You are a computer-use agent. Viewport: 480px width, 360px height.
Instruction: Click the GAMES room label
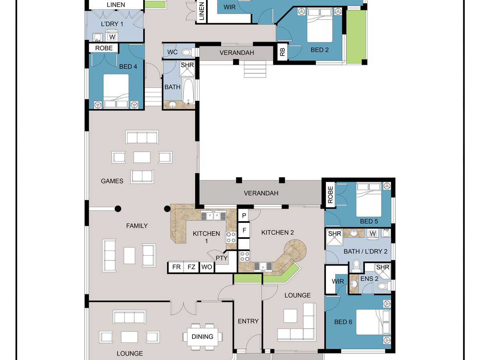click(x=112, y=181)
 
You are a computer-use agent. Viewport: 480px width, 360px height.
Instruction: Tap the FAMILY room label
click(x=137, y=226)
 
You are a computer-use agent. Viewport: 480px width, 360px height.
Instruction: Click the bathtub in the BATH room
click(x=188, y=91)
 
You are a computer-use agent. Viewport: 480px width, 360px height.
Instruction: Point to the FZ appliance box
click(x=191, y=267)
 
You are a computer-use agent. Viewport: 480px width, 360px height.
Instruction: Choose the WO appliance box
click(x=207, y=267)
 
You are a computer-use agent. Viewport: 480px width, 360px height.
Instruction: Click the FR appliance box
click(x=176, y=267)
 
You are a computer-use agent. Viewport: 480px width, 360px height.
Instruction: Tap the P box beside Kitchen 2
click(x=244, y=216)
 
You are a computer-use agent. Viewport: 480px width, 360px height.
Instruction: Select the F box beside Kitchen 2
click(x=244, y=230)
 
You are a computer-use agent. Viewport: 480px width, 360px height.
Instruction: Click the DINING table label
click(x=202, y=337)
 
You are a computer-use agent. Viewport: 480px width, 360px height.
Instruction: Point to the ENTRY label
click(x=248, y=321)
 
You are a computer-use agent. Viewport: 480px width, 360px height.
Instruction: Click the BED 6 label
click(x=343, y=322)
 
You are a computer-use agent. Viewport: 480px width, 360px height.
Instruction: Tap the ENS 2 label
click(x=369, y=279)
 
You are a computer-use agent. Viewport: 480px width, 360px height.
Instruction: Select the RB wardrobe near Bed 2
click(x=282, y=52)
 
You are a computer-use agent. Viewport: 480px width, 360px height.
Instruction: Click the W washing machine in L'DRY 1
click(x=112, y=37)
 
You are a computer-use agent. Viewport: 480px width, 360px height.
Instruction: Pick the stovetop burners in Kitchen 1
click(x=231, y=237)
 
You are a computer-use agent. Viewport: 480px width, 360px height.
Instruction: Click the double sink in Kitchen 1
click(x=213, y=216)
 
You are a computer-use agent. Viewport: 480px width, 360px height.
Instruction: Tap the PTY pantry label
click(x=222, y=258)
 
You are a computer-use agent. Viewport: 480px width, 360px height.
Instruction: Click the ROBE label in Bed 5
click(x=330, y=195)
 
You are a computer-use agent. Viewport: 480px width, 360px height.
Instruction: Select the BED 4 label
click(x=128, y=66)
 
